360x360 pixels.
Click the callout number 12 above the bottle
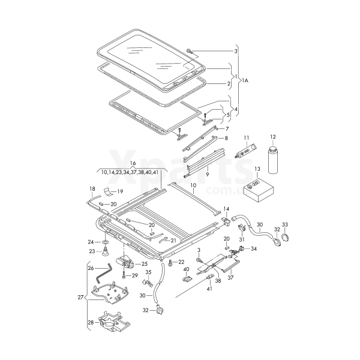tap(272, 137)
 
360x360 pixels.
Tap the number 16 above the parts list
tap(133, 163)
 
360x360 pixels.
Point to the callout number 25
tap(143, 264)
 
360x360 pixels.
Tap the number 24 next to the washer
tap(91, 242)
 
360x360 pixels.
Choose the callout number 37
tap(230, 278)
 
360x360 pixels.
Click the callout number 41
tap(210, 289)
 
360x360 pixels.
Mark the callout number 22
tap(181, 262)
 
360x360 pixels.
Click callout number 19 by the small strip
tap(119, 192)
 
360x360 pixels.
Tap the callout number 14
tap(227, 209)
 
